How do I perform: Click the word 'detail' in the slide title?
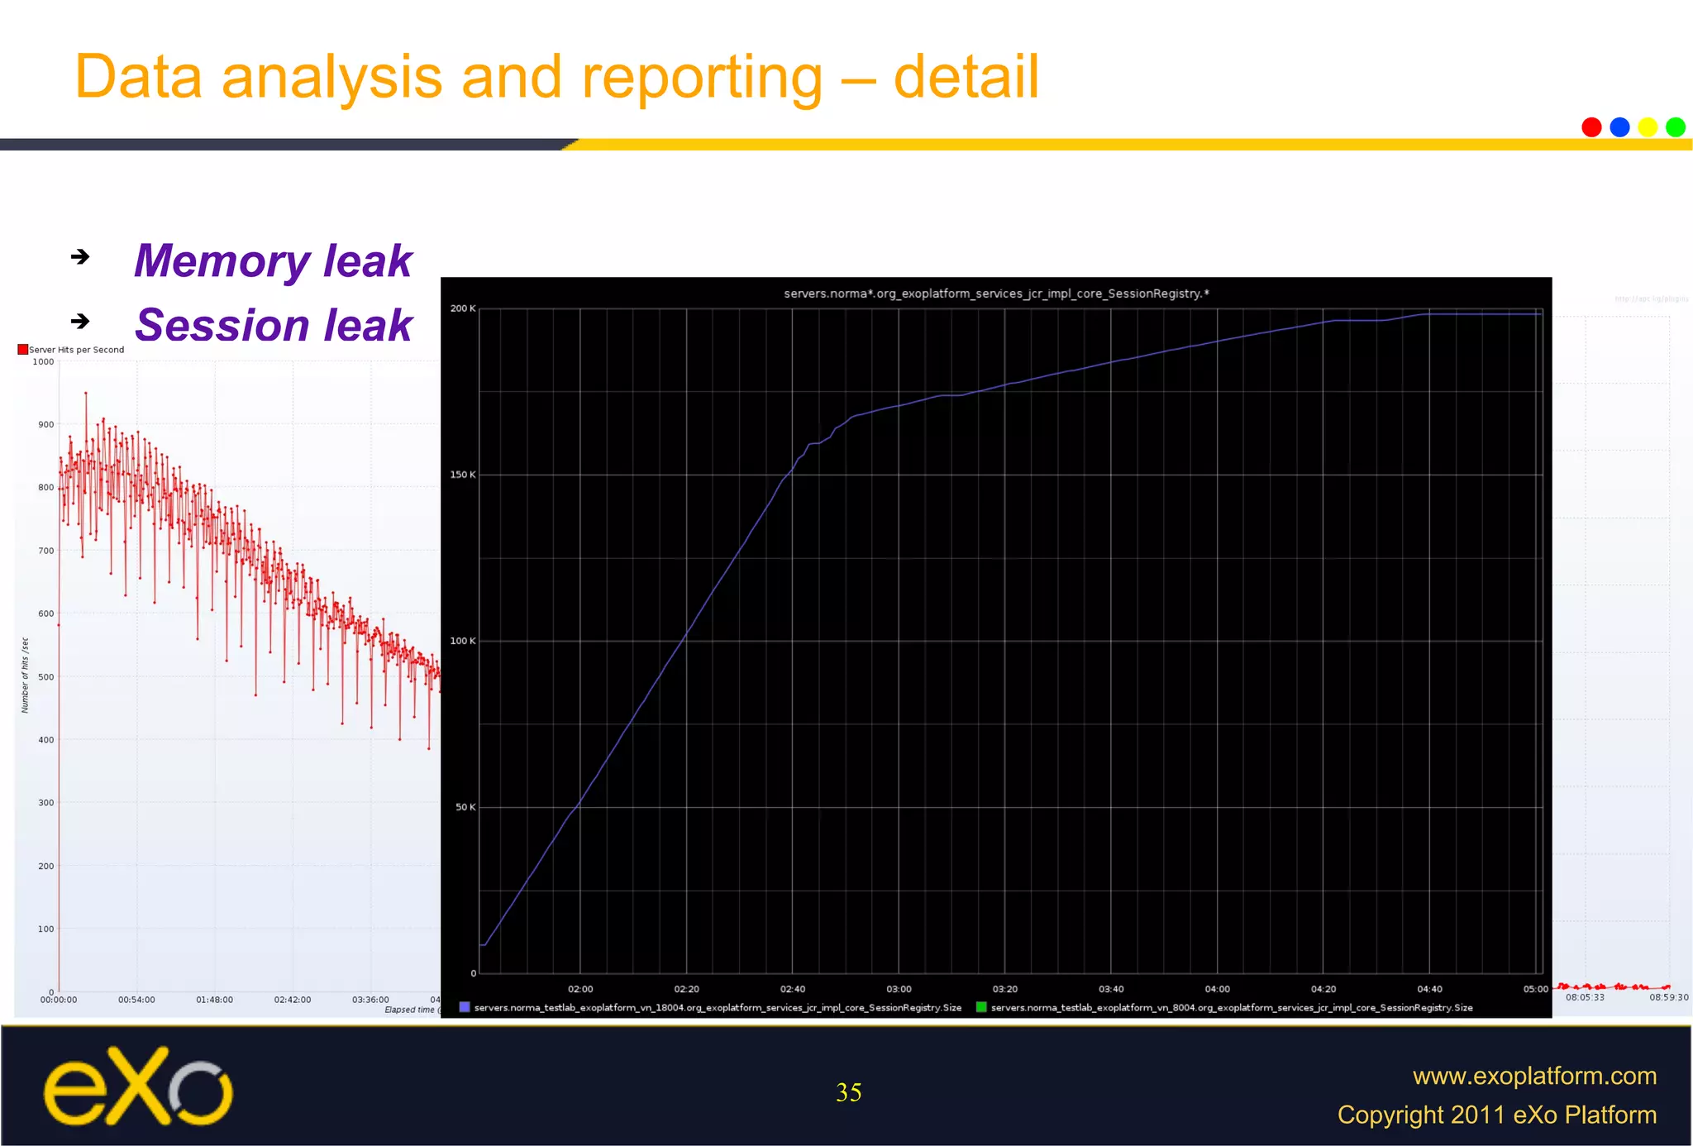click(966, 77)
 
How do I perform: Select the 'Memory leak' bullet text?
click(273, 261)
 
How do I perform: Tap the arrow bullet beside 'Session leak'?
click(80, 321)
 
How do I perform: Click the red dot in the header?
click(1591, 127)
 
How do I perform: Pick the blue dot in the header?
click(1619, 127)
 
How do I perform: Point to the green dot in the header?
click(1676, 127)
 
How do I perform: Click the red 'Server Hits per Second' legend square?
click(23, 350)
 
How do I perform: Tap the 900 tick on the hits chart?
click(45, 425)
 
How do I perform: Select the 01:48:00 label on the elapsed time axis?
click(214, 1000)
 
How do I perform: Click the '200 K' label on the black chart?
click(463, 308)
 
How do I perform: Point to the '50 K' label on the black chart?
click(465, 807)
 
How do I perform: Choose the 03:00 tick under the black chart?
click(899, 989)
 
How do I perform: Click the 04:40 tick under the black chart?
click(1429, 989)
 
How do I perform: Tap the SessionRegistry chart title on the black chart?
click(996, 294)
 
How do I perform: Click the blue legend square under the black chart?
click(465, 1007)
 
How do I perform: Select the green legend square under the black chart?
click(981, 1007)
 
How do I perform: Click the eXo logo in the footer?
click(138, 1086)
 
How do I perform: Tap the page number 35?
click(849, 1092)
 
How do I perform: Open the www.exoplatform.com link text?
click(1534, 1076)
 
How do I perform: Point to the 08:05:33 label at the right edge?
click(1585, 997)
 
